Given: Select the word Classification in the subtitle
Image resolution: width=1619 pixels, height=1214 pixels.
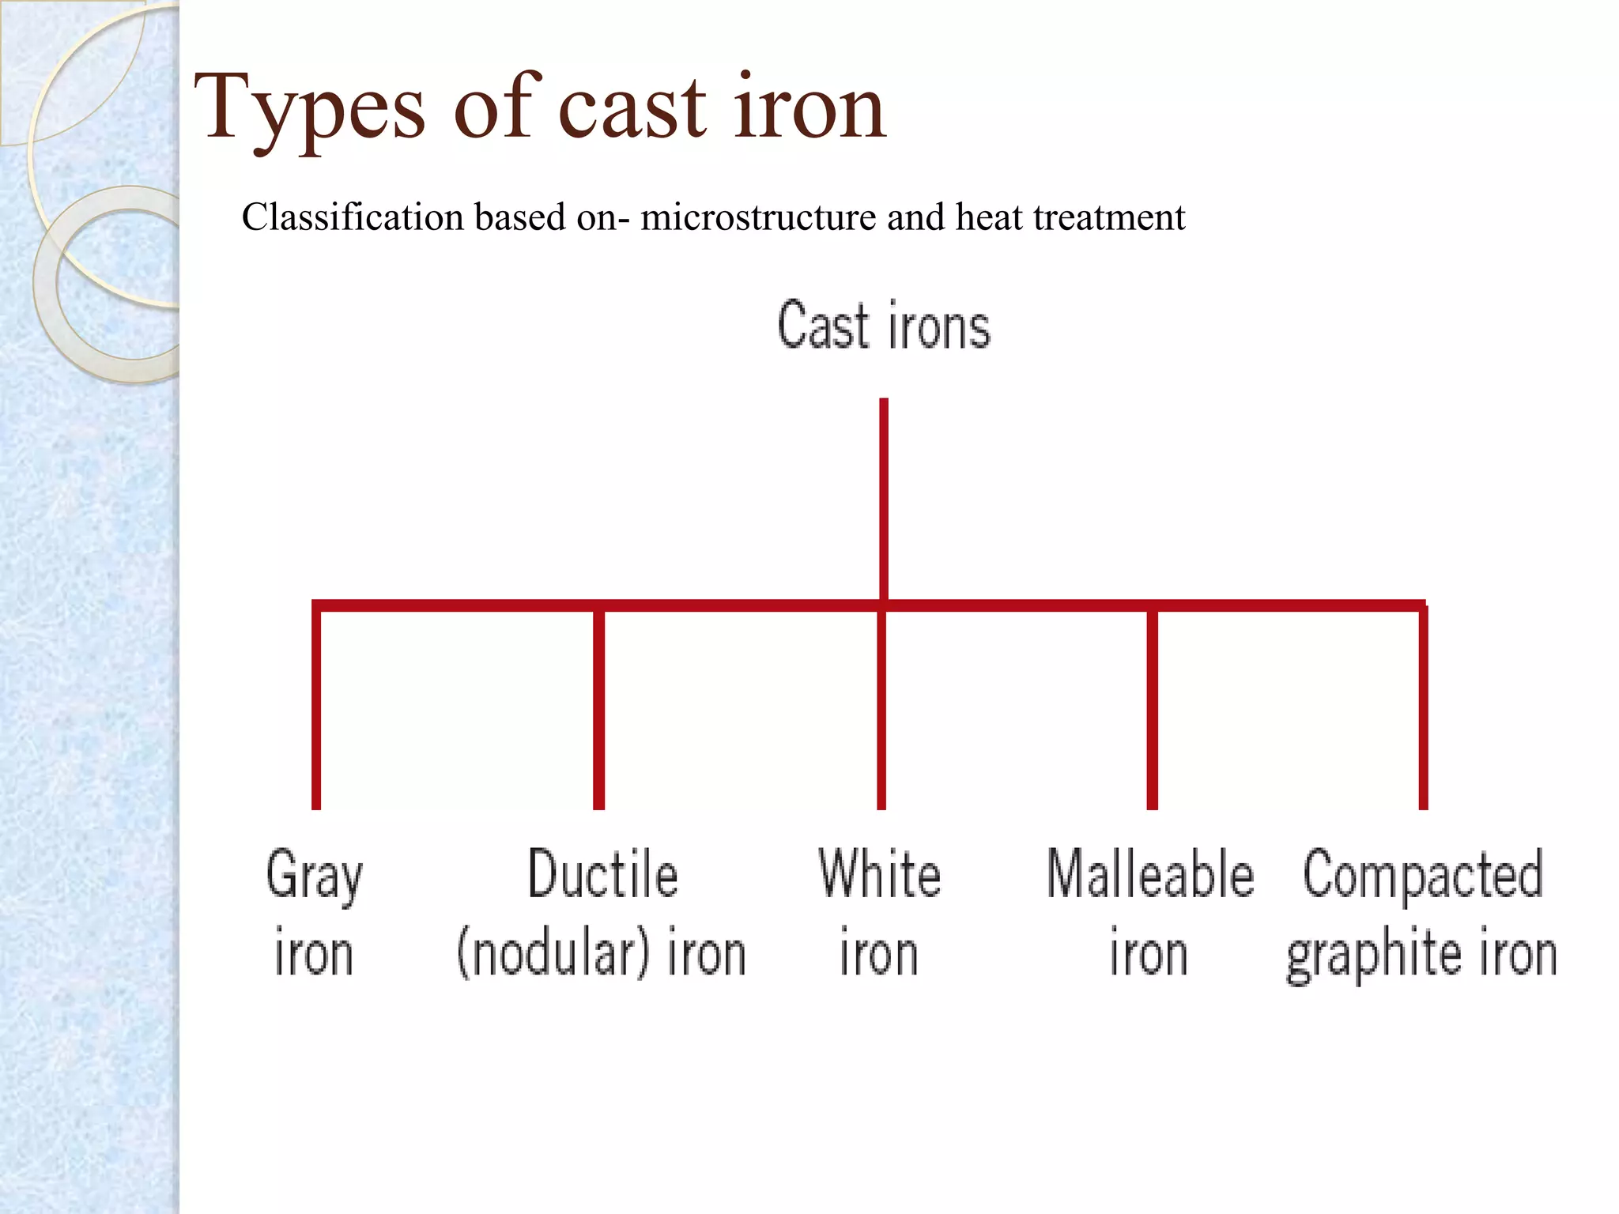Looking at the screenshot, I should point(352,217).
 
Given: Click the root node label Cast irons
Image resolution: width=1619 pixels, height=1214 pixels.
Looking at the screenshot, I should point(884,325).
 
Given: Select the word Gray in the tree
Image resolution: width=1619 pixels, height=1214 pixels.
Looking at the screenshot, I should point(315,875).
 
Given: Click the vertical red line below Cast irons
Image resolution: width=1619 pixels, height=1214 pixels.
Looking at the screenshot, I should point(884,498).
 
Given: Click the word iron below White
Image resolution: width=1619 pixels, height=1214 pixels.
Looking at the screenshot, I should point(878,954).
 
